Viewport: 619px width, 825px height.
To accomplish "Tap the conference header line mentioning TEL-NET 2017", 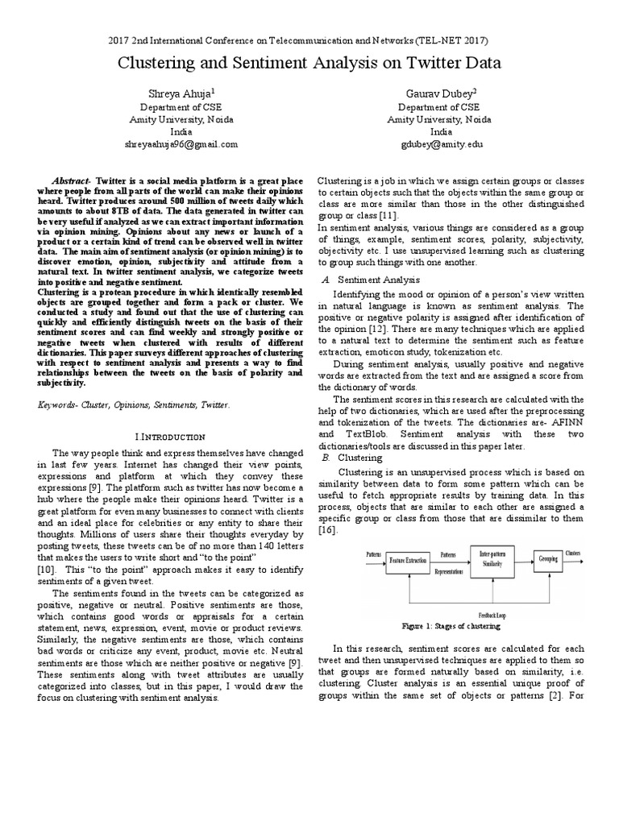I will [309, 39].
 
